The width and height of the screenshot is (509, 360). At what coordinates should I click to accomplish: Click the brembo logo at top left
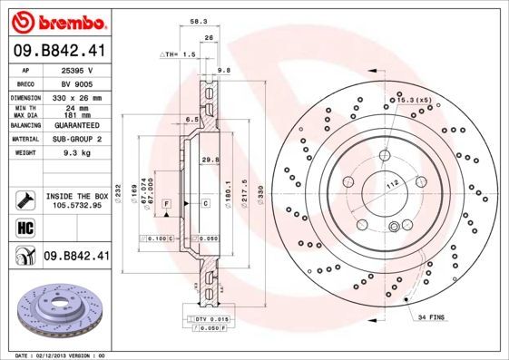55,19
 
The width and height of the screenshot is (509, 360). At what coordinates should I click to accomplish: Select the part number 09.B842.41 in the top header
60,52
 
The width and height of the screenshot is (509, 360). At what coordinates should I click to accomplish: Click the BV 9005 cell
72,82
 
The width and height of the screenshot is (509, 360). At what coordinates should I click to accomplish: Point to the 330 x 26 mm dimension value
73,96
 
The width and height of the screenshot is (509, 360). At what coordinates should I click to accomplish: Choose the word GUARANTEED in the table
73,124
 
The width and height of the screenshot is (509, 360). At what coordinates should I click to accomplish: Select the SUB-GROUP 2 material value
73,140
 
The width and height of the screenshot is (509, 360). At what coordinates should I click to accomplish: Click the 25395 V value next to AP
72,69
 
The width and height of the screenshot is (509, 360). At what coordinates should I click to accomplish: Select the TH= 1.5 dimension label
182,54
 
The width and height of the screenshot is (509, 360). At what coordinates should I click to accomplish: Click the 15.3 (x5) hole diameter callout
410,99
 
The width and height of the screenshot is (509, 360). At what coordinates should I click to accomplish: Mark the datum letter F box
168,205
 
